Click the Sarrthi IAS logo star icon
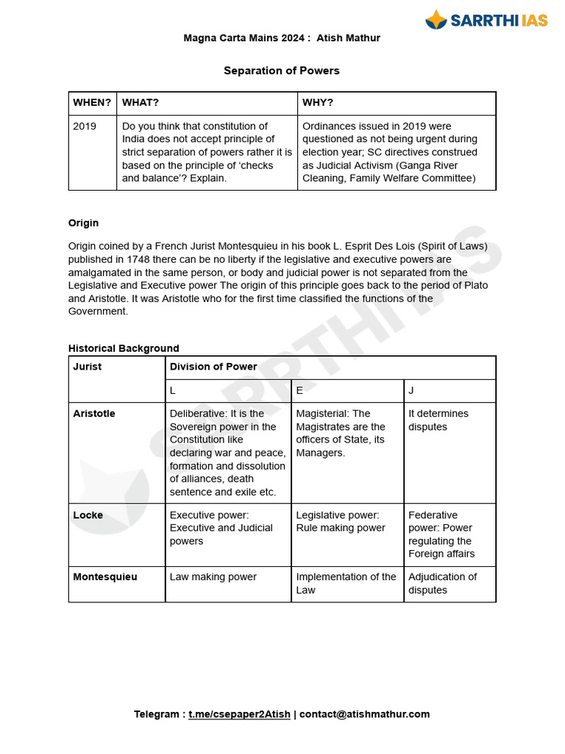point(437,20)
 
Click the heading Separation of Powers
point(282,71)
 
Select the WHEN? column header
point(92,102)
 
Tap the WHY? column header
point(318,102)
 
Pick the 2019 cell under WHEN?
point(85,126)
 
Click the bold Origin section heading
point(83,223)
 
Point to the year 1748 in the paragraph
point(139,259)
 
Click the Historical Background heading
point(124,348)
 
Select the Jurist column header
point(88,367)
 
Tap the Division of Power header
point(213,367)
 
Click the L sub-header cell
point(173,390)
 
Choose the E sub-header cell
point(299,390)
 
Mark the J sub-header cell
point(411,390)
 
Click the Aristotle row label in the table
point(94,414)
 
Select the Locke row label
point(88,515)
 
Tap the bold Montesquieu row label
point(105,577)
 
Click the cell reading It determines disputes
point(438,420)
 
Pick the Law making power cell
point(213,577)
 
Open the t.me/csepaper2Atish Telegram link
point(239,714)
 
